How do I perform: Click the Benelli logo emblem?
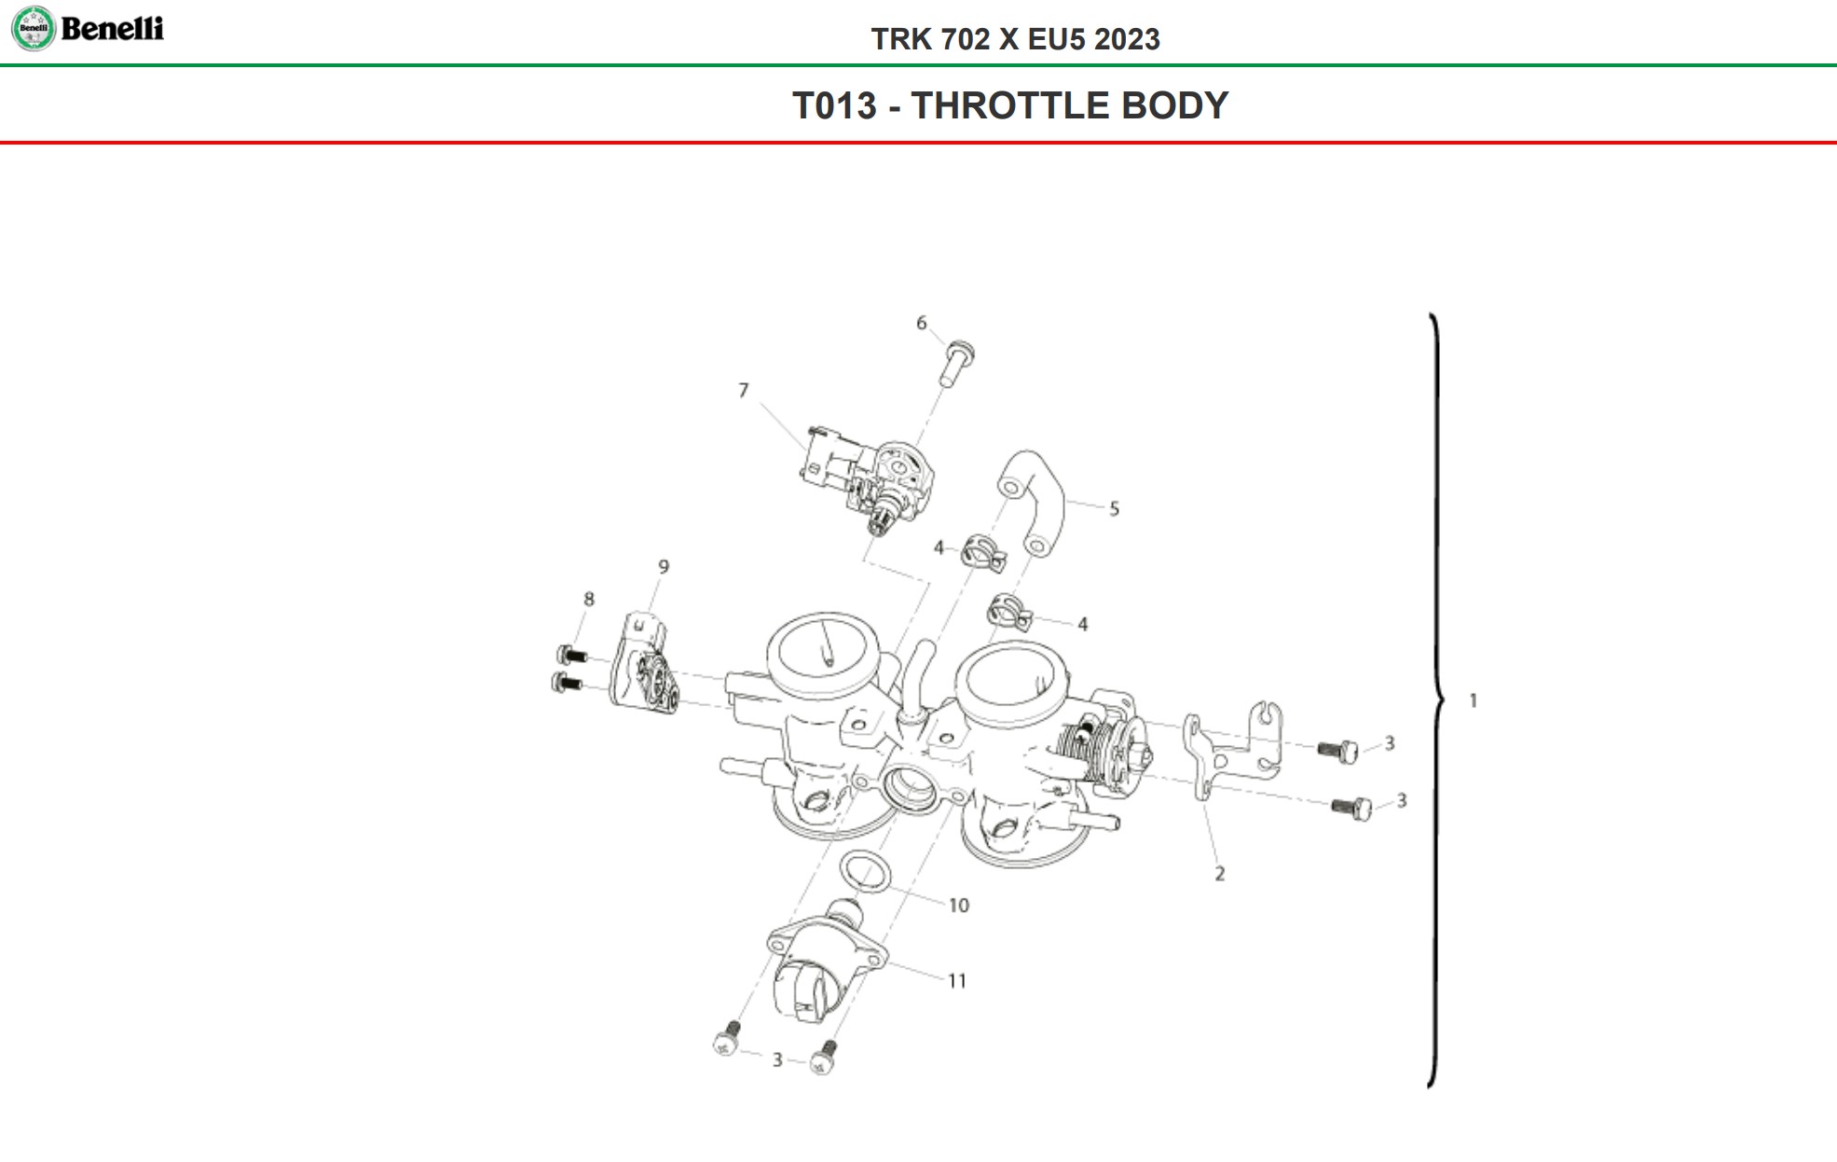pos(34,28)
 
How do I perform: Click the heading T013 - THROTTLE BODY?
pos(1010,105)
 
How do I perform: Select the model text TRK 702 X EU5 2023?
pos(1015,39)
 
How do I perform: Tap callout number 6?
pos(921,324)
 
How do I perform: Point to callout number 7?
pos(743,391)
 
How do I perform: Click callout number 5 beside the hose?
pos(1114,509)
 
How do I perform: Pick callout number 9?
pos(664,567)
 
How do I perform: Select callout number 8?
pos(589,600)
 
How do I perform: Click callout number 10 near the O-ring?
pos(959,906)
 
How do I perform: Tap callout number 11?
pos(957,981)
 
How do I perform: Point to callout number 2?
pos(1220,874)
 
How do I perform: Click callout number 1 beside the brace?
pos(1474,700)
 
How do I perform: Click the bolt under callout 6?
pos(957,363)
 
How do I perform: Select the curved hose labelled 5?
pos(1036,499)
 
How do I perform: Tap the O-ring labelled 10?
pos(865,872)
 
